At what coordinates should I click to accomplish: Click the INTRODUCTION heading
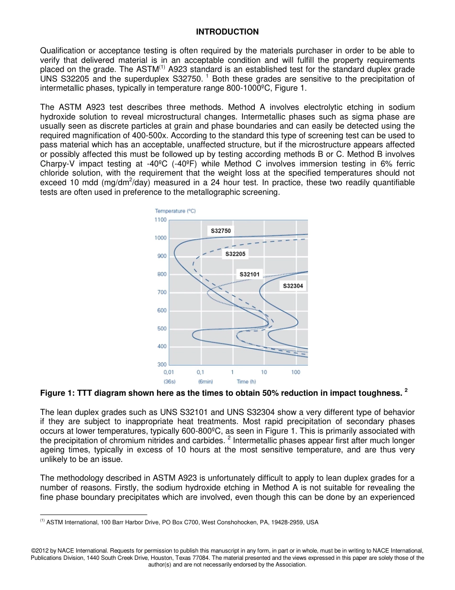pos(227,32)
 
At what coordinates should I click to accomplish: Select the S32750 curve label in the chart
pos(221,231)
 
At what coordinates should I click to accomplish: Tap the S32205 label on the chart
pos(235,254)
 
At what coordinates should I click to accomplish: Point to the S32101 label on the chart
pos(250,274)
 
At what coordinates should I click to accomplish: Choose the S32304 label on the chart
pos(293,286)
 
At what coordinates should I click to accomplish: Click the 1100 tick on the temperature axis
pos(160,220)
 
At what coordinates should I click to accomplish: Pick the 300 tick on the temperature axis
pos(162,365)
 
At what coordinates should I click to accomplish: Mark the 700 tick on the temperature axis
pos(162,292)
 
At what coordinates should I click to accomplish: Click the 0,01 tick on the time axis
pos(169,372)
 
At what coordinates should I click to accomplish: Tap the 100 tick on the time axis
pos(296,372)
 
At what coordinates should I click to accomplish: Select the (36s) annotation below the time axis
pos(169,382)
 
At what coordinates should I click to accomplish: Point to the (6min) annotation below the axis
pos(205,382)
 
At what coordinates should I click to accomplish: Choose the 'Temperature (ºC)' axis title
pos(175,211)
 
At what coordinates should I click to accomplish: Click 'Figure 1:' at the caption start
pos(56,393)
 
